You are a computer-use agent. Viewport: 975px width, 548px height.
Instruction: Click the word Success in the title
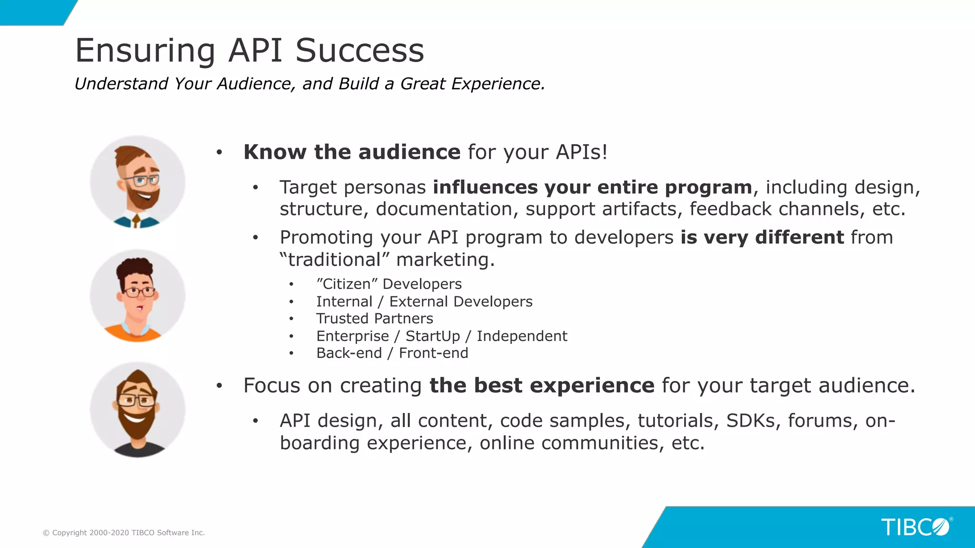click(359, 50)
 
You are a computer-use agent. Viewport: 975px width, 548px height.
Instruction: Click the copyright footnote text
click(124, 533)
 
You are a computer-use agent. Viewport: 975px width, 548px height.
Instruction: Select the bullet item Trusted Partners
click(375, 318)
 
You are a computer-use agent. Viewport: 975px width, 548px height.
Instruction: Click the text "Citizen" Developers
click(389, 284)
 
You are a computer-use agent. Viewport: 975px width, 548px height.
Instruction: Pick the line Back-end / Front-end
click(392, 353)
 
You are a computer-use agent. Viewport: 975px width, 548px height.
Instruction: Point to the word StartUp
click(432, 336)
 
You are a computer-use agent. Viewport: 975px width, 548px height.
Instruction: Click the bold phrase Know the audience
click(352, 152)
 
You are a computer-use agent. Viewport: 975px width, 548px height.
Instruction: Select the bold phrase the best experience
click(542, 385)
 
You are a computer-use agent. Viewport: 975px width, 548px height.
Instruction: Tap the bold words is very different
click(762, 237)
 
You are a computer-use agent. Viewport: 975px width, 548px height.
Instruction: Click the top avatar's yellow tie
click(137, 221)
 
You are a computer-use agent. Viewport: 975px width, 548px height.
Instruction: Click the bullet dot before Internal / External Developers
click(291, 302)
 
